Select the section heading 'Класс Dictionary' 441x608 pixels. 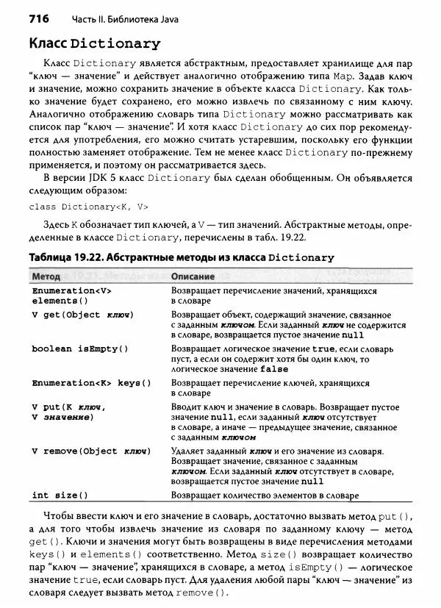click(94, 43)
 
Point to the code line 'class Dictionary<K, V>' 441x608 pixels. click(88, 207)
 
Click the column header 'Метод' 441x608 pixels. click(46, 277)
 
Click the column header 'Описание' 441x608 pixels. click(193, 277)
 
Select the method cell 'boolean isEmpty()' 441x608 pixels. click(80, 348)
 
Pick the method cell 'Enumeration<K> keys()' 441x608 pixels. click(92, 383)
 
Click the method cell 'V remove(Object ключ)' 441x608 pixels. click(91, 450)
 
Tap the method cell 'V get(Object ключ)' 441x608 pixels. click(83, 315)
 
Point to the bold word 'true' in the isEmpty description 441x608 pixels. click(325, 348)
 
